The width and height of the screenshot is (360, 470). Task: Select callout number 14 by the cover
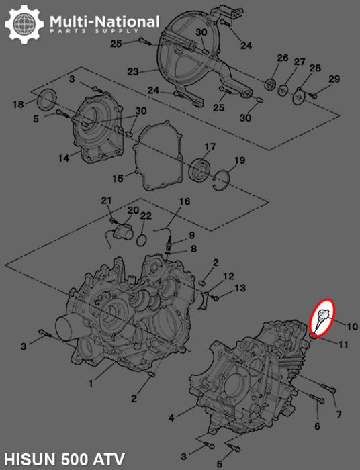63,158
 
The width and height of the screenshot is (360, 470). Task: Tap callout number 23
132,71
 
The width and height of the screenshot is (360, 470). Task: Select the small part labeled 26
271,83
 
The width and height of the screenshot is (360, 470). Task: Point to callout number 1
91,383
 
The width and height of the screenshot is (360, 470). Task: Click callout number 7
339,414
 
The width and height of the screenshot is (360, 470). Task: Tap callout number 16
184,201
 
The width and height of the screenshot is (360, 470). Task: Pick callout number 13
240,288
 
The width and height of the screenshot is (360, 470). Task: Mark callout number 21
105,201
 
